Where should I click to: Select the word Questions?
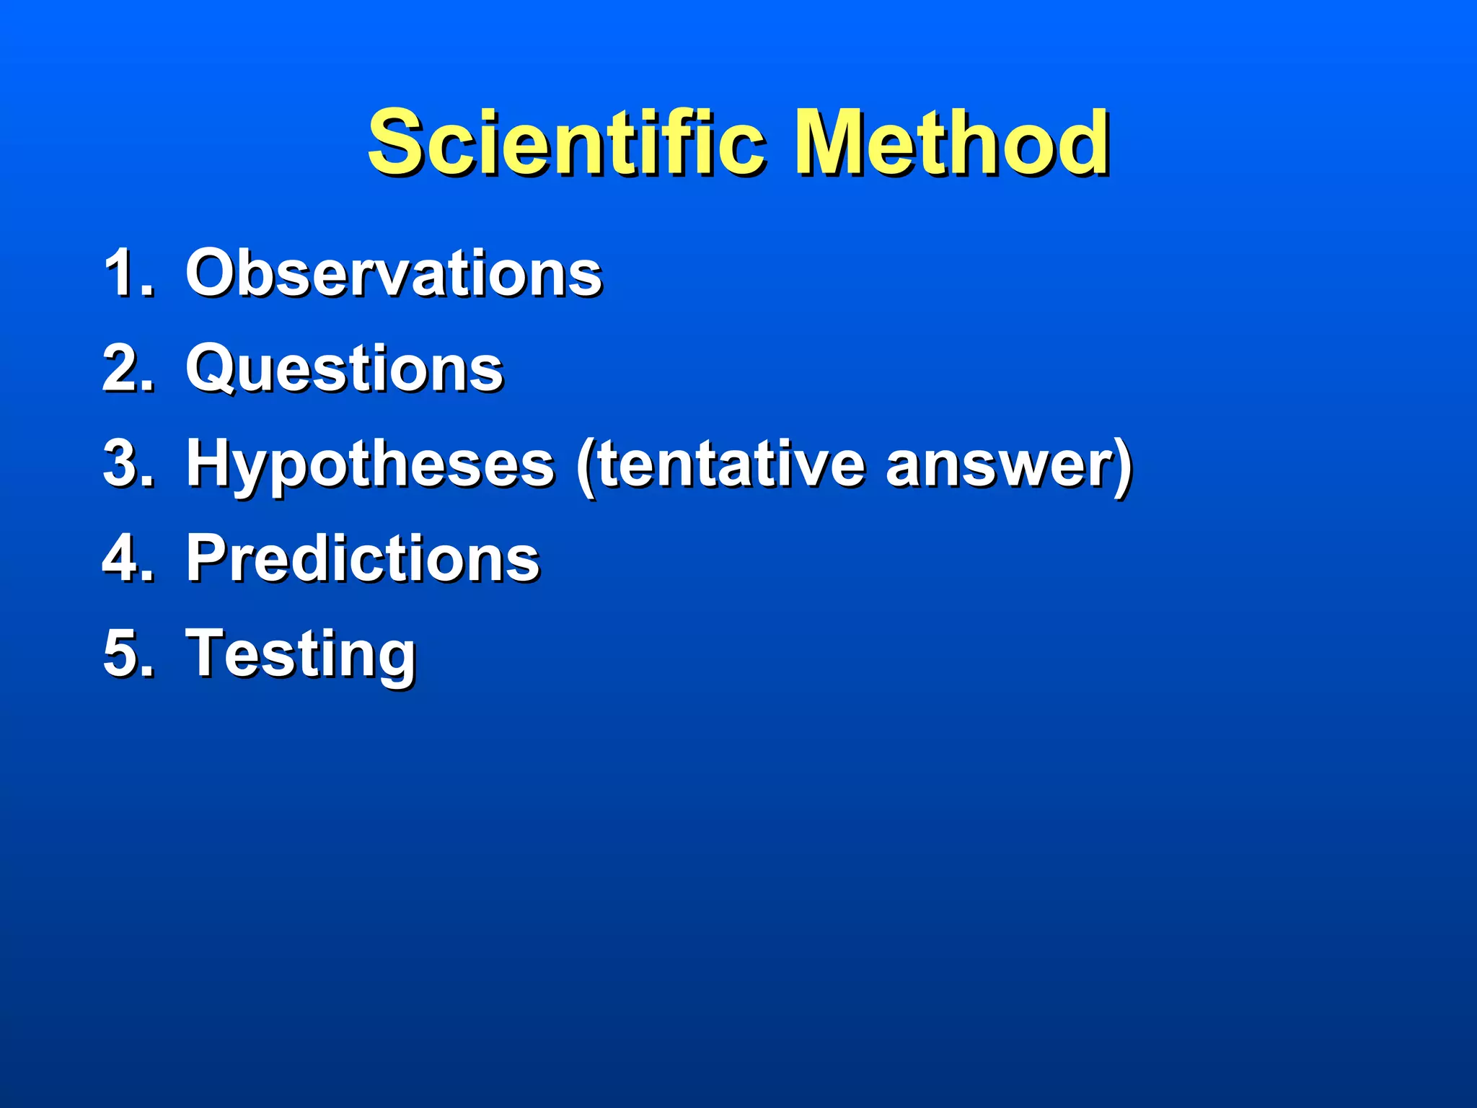click(x=344, y=369)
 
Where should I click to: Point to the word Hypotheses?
click(x=370, y=465)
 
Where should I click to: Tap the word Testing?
click(x=300, y=654)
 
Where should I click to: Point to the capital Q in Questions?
click(x=213, y=369)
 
